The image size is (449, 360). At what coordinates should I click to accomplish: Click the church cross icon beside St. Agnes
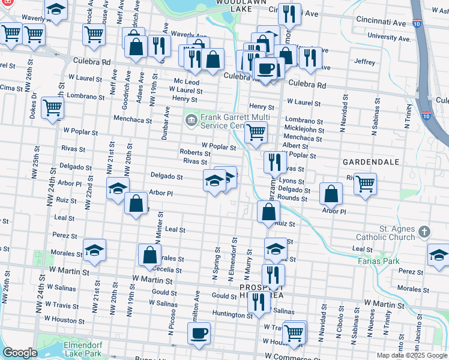[424, 232]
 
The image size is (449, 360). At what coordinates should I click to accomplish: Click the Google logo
[20, 352]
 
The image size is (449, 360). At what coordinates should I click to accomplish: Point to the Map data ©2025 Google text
[412, 355]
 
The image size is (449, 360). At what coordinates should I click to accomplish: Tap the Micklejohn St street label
[304, 130]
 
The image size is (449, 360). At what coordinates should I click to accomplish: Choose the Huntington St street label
[226, 314]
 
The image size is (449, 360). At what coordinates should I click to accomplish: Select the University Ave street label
[389, 37]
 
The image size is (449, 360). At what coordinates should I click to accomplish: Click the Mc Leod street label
[186, 82]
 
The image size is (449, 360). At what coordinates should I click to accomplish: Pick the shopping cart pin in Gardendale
[365, 183]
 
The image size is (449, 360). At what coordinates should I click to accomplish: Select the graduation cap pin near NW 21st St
[118, 188]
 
